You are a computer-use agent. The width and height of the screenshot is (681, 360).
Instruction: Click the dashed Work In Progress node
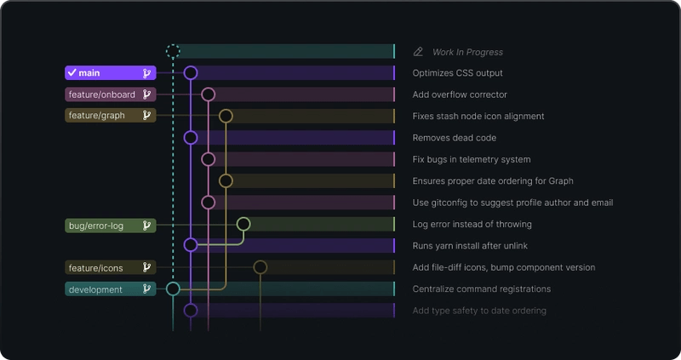[173, 51]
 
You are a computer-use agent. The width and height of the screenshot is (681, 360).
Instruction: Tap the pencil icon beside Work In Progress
[418, 52]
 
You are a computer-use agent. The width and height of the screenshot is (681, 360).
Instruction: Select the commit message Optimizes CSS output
[457, 73]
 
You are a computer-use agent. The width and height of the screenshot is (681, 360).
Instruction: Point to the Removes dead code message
[455, 138]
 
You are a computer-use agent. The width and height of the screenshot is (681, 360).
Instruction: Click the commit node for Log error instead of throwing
[243, 224]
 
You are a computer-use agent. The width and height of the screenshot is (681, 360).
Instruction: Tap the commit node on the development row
[173, 289]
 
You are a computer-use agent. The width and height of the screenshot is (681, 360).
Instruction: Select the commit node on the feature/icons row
[260, 267]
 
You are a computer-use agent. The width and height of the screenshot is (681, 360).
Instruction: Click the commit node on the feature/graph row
[226, 116]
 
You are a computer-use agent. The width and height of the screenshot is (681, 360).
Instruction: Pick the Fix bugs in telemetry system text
[472, 159]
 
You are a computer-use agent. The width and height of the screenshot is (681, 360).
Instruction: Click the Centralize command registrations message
[482, 289]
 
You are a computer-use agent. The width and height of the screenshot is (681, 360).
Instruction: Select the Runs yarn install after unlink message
[471, 246]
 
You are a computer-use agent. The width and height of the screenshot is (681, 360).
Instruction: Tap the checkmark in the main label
[72, 73]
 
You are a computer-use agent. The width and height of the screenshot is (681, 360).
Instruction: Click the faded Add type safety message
[479, 311]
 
